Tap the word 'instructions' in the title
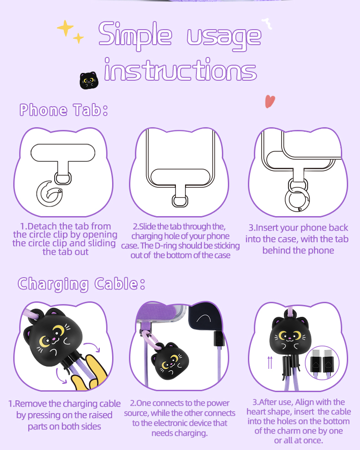tap(180, 69)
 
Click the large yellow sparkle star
tap(66, 28)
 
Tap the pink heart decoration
tap(270, 101)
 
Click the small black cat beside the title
tap(89, 80)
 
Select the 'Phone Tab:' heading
tap(63, 110)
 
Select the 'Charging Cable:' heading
tap(82, 284)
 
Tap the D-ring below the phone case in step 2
tap(180, 201)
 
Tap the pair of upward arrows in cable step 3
tap(270, 362)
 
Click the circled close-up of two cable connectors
tap(323, 363)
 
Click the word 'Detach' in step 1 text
tap(43, 226)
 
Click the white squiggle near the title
tap(267, 24)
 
